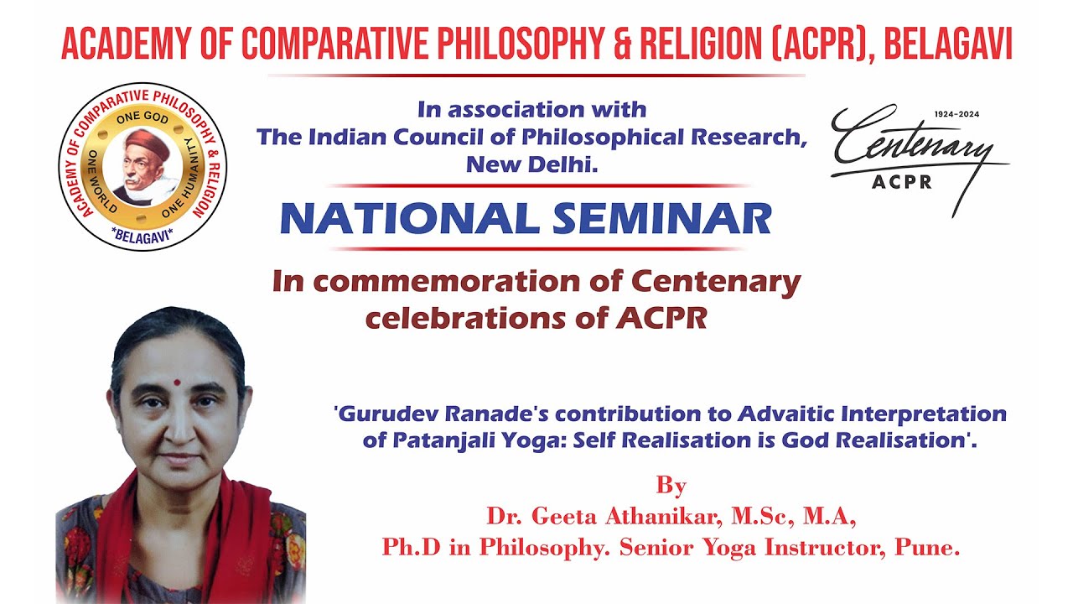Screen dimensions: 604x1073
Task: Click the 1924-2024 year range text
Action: point(956,114)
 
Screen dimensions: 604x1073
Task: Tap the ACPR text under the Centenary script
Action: point(901,182)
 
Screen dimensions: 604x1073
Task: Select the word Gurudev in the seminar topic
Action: point(384,414)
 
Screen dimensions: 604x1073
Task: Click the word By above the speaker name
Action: point(671,486)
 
